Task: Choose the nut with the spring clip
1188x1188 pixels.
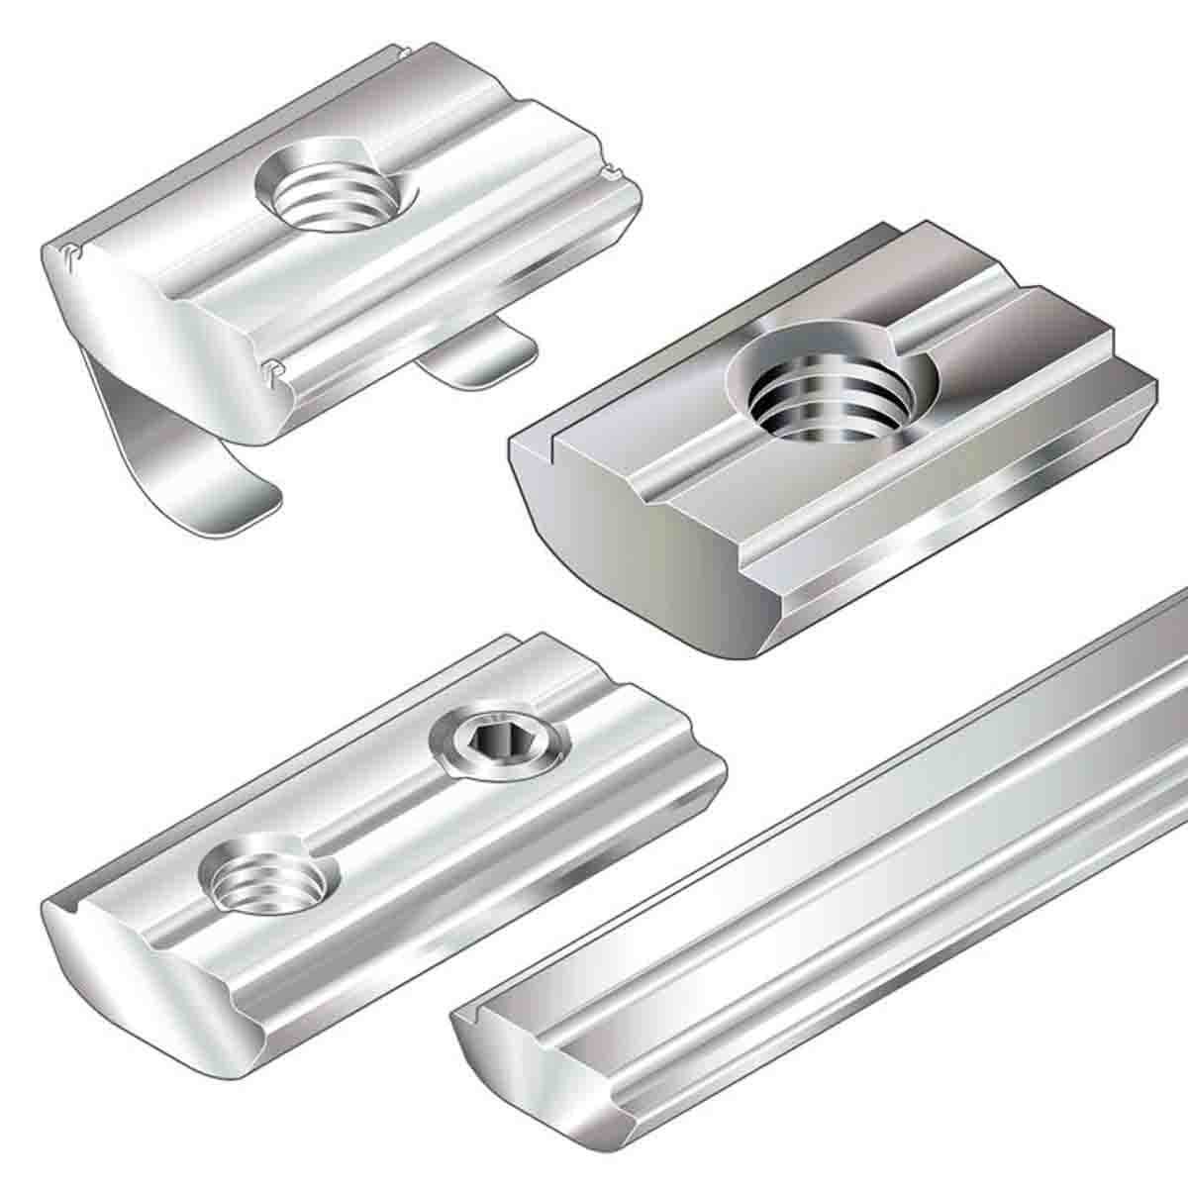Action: [x=327, y=247]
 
